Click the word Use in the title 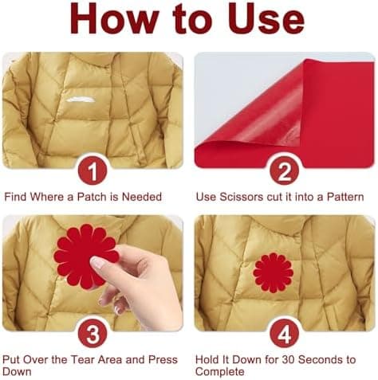(x=266, y=18)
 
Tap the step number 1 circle (x=93, y=170)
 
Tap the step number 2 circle (x=284, y=170)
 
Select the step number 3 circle (x=93, y=334)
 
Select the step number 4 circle (x=284, y=334)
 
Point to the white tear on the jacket (x=81, y=100)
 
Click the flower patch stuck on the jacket (x=273, y=272)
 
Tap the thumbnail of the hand (x=98, y=264)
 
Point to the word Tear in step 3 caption (x=83, y=359)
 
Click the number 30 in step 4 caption (x=288, y=359)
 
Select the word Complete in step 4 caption (x=219, y=371)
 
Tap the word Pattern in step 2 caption (x=345, y=197)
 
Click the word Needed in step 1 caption (x=142, y=197)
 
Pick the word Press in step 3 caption (x=163, y=359)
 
